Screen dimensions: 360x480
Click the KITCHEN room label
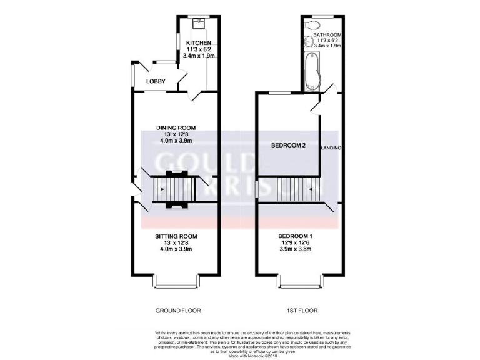[199, 42]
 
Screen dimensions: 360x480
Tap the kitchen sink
[199, 23]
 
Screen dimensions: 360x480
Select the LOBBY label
[156, 82]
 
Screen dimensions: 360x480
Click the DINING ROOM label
[176, 128]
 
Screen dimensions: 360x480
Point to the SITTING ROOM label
[176, 236]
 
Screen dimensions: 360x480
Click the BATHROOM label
[327, 35]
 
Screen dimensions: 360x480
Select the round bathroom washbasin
[307, 43]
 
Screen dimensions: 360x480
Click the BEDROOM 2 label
[288, 146]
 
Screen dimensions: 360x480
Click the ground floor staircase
[176, 187]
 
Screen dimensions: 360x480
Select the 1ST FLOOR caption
[298, 311]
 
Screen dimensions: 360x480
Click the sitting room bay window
[176, 282]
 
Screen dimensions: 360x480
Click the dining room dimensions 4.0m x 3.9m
[176, 141]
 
